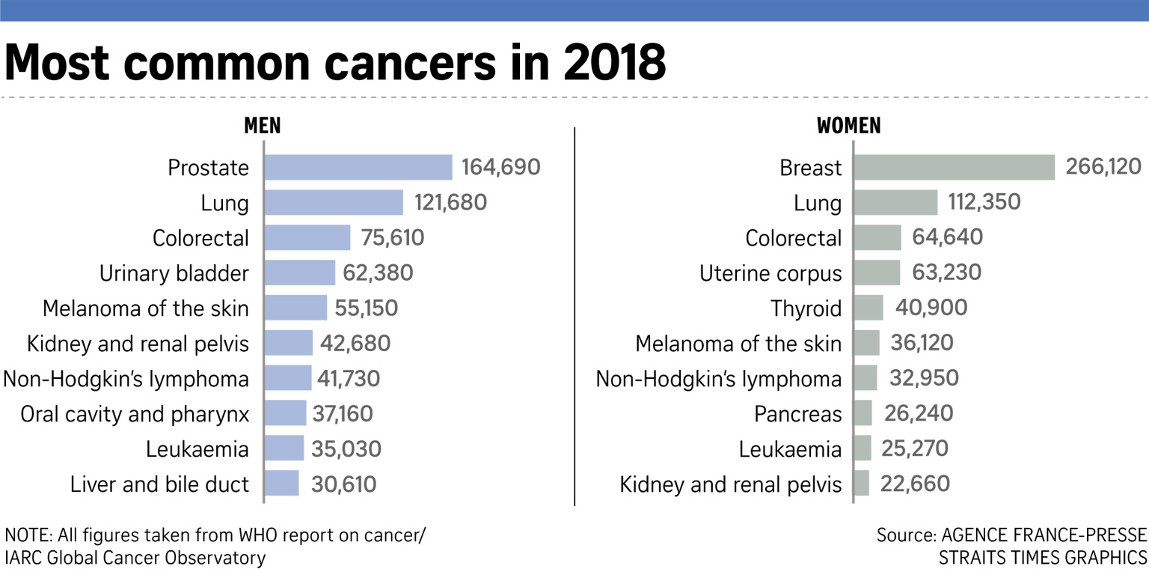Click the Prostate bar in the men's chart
click(x=358, y=168)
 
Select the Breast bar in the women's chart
click(x=954, y=168)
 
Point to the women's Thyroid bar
click(x=868, y=308)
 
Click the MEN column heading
click(x=263, y=126)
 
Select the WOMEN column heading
click(x=848, y=126)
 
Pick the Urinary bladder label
click(x=174, y=273)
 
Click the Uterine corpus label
click(x=770, y=273)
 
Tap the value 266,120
click(x=1102, y=168)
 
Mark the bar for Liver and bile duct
click(x=281, y=484)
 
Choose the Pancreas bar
click(x=862, y=413)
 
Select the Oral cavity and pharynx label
click(x=135, y=413)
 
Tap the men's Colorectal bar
click(x=307, y=238)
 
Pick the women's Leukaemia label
click(x=790, y=449)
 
